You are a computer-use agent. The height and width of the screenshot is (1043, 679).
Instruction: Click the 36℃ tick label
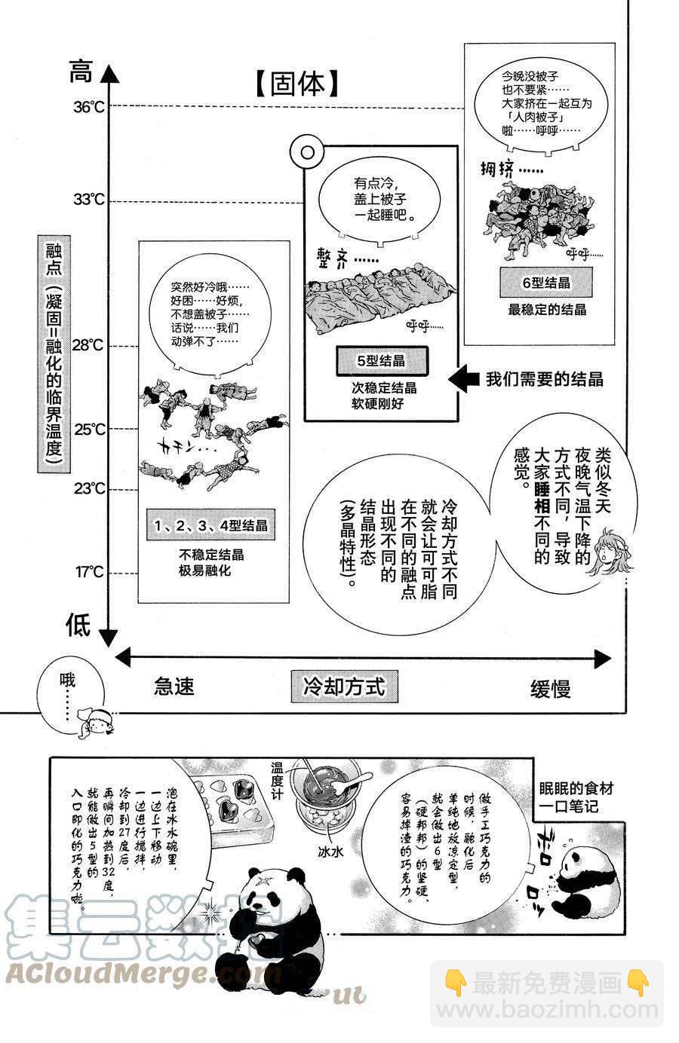[x=89, y=107]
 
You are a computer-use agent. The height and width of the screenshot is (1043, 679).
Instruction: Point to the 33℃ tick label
[x=89, y=200]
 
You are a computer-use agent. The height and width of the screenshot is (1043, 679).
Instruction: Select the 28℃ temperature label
[x=89, y=345]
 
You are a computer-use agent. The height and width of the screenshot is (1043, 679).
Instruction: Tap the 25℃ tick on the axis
[x=89, y=430]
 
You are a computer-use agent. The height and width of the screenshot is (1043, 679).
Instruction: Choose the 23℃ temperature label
[x=89, y=488]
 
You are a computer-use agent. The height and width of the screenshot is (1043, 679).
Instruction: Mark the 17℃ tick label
[x=89, y=573]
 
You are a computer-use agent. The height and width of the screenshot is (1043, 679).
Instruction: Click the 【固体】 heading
[x=294, y=84]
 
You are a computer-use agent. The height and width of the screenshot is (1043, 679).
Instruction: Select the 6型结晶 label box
[x=546, y=283]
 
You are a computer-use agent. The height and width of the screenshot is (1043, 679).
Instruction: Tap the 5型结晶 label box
[x=381, y=361]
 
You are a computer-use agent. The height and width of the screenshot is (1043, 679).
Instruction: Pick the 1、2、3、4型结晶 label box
[x=210, y=525]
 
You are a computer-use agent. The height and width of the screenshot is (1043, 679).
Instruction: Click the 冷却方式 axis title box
[x=344, y=686]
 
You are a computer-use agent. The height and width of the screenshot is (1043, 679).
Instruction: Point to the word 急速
[x=174, y=686]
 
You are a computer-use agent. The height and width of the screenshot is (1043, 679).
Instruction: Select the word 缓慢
[x=550, y=688]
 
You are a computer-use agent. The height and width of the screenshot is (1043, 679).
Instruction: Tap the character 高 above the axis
[x=80, y=73]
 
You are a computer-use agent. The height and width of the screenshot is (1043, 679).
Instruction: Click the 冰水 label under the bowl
[x=330, y=852]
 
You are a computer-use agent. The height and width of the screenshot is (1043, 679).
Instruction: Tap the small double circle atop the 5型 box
[x=307, y=153]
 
